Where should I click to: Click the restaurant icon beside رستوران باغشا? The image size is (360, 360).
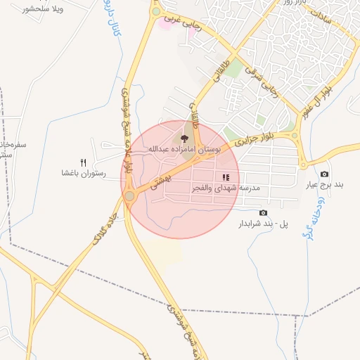point(83,163)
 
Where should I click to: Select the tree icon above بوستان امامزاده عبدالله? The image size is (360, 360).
point(184,139)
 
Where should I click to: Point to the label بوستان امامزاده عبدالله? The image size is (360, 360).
point(184,150)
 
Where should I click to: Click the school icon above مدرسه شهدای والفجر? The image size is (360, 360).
point(225,178)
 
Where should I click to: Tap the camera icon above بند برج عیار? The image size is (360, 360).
point(324,174)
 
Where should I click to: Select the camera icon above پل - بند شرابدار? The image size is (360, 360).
point(263,213)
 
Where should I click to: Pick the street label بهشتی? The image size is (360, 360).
point(152,184)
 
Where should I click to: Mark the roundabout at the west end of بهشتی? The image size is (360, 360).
point(129,195)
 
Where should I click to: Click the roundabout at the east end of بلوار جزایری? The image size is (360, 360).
point(295,136)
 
